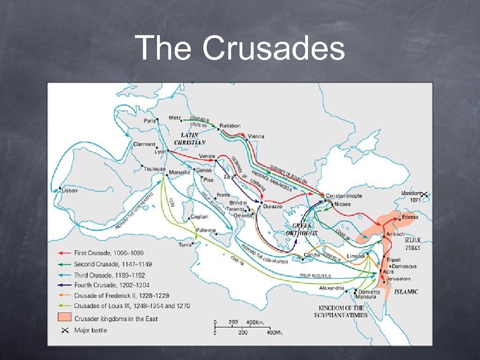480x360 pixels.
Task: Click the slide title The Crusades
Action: pos(240,48)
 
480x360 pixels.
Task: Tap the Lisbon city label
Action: pos(69,191)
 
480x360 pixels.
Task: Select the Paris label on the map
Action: pos(150,120)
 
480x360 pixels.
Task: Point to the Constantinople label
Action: pos(344,196)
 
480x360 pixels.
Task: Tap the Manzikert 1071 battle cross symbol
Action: pos(425,194)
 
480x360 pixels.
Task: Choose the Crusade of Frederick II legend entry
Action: pos(121,295)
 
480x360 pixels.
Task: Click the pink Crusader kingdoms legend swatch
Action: pos(64,318)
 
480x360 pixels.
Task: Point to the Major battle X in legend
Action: pos(64,330)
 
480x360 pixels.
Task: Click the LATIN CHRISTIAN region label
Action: pos(189,138)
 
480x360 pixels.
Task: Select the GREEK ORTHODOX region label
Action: pos(302,229)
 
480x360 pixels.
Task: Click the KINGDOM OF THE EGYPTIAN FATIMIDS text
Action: pos(341,312)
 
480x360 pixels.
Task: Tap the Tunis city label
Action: pos(185,245)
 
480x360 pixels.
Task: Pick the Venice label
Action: pos(207,156)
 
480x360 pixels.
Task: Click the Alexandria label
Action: pos(331,288)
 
